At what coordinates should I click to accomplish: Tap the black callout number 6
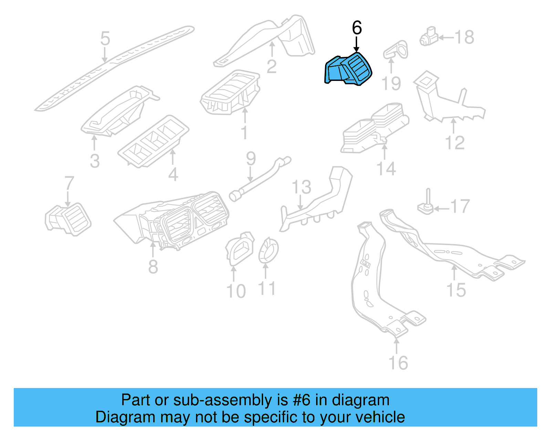click(357, 28)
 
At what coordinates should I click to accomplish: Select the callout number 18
click(464, 37)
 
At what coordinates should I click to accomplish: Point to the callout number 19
click(391, 84)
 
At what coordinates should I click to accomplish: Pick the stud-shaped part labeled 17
click(426, 205)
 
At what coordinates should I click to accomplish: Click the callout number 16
click(398, 363)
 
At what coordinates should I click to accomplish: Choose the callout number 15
click(456, 290)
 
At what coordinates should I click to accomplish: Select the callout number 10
click(236, 291)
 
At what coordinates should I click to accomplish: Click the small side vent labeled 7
click(68, 220)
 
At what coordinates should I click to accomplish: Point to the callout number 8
click(153, 266)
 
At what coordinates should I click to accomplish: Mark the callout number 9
click(251, 159)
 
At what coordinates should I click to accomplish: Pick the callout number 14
click(386, 169)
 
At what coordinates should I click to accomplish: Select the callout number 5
click(105, 39)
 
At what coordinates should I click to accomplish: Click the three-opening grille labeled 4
click(153, 141)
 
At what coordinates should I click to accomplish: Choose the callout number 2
click(271, 66)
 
